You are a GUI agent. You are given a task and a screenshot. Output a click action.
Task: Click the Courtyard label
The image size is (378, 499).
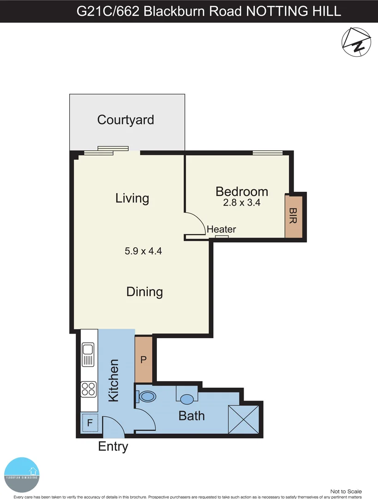(x=126, y=120)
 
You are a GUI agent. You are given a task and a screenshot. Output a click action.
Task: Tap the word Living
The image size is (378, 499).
(x=132, y=198)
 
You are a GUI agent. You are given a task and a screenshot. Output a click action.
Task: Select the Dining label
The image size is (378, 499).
(x=144, y=292)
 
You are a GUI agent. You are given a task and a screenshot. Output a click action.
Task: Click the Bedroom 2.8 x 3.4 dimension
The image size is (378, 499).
(x=242, y=202)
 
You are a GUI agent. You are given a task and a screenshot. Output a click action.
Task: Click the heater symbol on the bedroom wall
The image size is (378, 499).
(x=222, y=237)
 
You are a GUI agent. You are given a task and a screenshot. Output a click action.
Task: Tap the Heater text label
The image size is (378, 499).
(x=222, y=229)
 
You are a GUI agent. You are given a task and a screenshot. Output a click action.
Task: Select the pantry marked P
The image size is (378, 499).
(x=143, y=360)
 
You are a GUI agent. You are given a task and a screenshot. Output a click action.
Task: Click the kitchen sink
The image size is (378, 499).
(x=88, y=355)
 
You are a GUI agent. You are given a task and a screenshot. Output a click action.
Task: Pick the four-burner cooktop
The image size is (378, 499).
(x=89, y=389)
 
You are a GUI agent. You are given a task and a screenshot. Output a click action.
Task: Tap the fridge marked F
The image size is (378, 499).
(x=90, y=423)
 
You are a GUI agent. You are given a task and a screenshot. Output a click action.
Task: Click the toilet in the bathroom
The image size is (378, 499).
(x=147, y=396)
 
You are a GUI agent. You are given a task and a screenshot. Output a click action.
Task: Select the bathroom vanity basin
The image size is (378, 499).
(x=187, y=398)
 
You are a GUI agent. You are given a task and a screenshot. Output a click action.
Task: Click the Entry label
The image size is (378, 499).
(x=113, y=447)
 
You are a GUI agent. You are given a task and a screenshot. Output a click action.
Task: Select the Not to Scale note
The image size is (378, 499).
(x=346, y=492)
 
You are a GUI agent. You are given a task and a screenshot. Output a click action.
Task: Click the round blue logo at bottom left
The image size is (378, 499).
(x=22, y=474)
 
